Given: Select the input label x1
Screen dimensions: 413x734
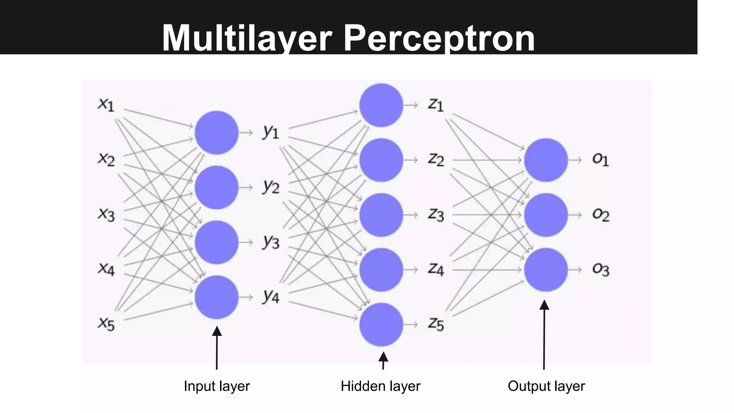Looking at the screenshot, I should click(x=106, y=104).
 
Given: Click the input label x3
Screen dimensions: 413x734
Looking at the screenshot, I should click(x=106, y=214).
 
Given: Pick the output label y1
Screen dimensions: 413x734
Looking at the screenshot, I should click(x=271, y=132).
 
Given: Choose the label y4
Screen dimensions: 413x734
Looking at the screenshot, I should click(x=271, y=296).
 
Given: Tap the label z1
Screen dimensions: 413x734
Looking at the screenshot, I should click(x=436, y=104).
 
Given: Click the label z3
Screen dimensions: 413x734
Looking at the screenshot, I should click(x=436, y=214).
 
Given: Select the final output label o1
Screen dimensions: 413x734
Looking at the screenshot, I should click(x=601, y=159).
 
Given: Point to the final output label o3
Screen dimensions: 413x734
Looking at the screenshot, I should click(x=601, y=269).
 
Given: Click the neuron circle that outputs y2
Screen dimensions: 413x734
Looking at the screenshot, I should click(x=216, y=187).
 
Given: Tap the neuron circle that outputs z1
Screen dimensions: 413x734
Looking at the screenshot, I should click(x=381, y=105).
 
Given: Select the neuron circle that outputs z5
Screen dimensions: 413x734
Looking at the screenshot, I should click(x=381, y=324).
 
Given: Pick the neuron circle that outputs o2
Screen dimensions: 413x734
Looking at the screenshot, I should click(x=545, y=215).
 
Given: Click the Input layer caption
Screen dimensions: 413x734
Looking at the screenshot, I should click(x=216, y=386).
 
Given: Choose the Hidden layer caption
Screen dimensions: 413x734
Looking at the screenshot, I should click(x=380, y=386).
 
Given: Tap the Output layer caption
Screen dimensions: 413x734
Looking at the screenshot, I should click(x=546, y=386).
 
